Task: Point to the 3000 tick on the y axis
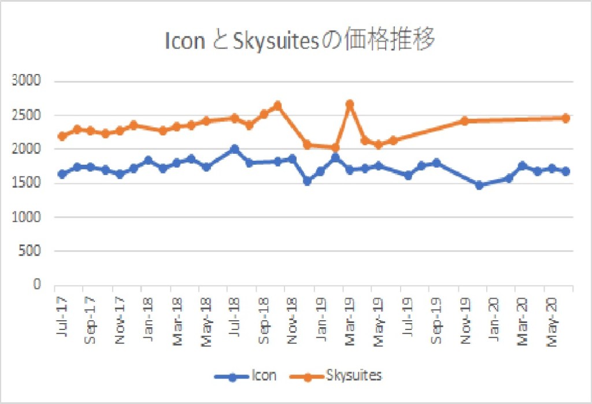28,81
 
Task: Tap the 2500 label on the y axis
28,115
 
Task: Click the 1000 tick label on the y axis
28,217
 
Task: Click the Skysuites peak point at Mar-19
349,105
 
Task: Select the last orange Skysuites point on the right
566,118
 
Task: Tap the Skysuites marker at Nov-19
464,121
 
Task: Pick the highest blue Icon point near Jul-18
234,149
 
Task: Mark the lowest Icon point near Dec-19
479,185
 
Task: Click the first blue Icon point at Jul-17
62,174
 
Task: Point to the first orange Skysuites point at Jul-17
62,136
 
